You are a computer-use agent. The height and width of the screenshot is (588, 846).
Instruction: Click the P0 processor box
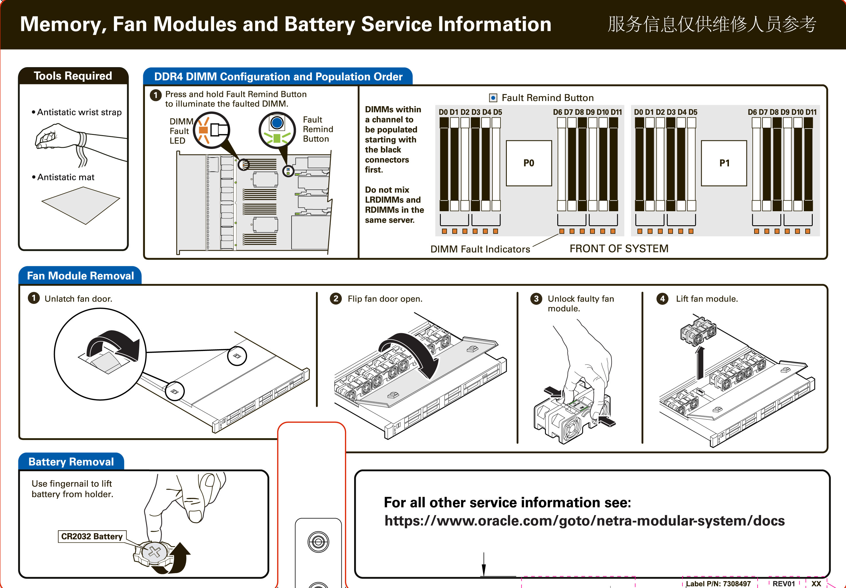pos(529,163)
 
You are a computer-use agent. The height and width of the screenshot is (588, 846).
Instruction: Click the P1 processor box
pos(724,163)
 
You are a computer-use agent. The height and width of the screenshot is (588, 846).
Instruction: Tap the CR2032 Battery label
pos(92,536)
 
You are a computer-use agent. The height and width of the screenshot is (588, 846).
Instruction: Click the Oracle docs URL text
pos(584,521)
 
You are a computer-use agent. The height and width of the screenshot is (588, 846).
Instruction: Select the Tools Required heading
pos(73,76)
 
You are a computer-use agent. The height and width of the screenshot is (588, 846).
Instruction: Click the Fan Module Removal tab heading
pos(80,276)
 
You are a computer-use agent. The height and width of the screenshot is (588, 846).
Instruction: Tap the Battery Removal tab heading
pos(71,462)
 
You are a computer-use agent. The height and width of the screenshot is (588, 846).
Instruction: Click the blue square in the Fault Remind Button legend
pos(493,98)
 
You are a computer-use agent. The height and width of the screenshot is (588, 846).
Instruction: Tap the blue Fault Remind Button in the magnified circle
pos(277,123)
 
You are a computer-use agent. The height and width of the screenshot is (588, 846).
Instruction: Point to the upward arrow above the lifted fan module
pos(700,363)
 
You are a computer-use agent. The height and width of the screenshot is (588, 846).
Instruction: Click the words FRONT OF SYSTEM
pos(619,249)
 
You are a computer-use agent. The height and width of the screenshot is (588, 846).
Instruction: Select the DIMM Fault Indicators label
pos(480,249)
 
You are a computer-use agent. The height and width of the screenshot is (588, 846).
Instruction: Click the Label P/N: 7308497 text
pos(718,584)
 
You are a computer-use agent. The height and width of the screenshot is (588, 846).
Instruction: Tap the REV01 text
pos(784,584)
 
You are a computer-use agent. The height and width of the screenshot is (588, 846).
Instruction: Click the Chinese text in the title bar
pos(712,24)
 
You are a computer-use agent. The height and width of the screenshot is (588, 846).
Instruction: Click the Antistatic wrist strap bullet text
pos(79,112)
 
